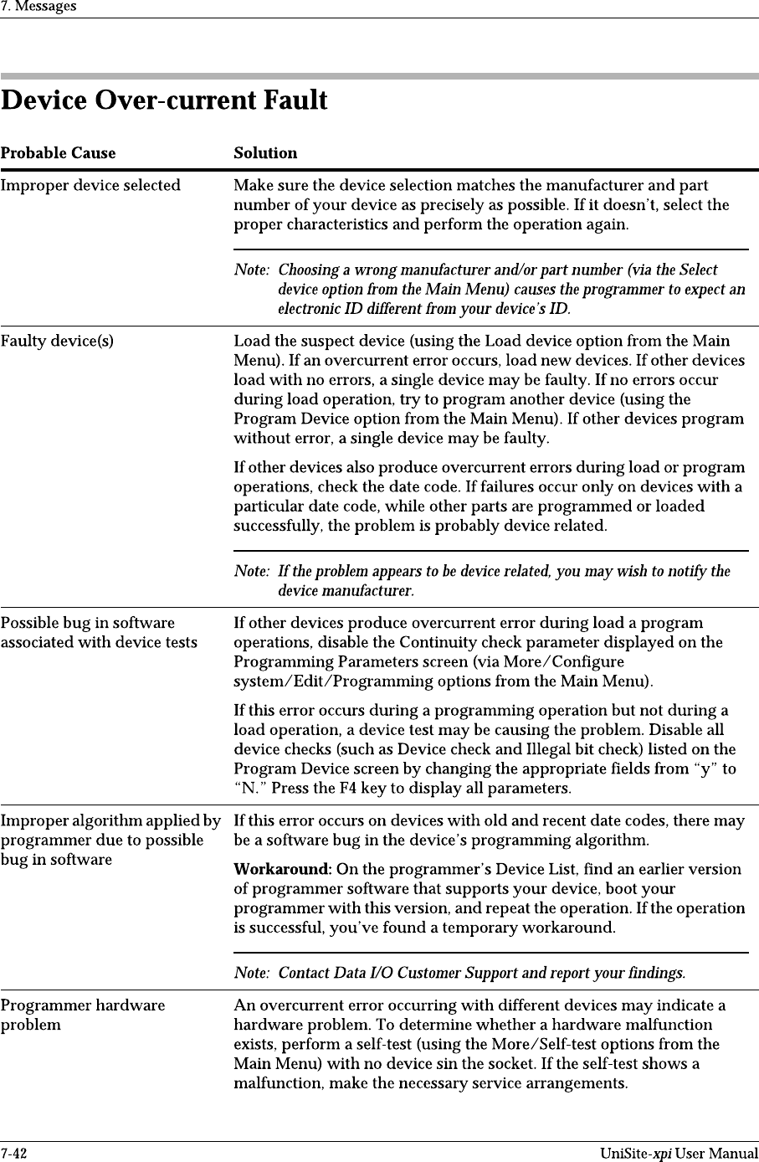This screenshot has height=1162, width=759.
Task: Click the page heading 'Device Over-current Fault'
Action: pyautogui.click(x=164, y=101)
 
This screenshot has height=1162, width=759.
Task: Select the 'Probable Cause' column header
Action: pyautogui.click(x=58, y=153)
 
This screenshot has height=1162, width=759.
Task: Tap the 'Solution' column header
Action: pyautogui.click(x=265, y=153)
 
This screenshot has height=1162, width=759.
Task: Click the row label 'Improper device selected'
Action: pyautogui.click(x=90, y=185)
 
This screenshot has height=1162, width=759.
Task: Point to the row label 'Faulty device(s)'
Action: pyautogui.click(x=58, y=341)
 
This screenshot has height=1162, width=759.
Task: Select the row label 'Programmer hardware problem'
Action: pyautogui.click(x=83, y=1015)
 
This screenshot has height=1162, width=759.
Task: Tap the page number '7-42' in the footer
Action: pyautogui.click(x=14, y=1154)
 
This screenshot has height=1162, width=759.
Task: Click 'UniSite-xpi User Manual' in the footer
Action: pyautogui.click(x=679, y=1154)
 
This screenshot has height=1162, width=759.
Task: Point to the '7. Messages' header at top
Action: pyautogui.click(x=38, y=7)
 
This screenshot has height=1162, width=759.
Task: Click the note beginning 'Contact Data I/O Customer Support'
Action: pyautogui.click(x=481, y=973)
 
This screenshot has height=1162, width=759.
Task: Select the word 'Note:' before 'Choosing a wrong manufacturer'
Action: pyautogui.click(x=251, y=270)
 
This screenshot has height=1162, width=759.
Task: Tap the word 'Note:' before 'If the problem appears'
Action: pyautogui.click(x=251, y=571)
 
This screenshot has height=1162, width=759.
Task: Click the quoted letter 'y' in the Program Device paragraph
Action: pyautogui.click(x=708, y=769)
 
